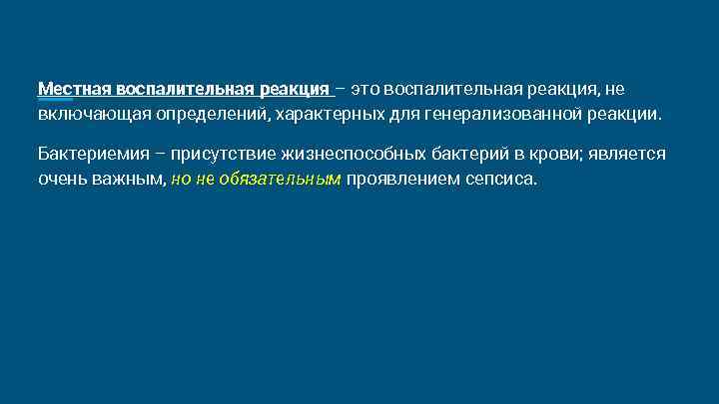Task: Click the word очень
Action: [x=61, y=179]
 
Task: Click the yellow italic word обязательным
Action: [x=288, y=179]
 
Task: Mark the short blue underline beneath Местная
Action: [x=55, y=100]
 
